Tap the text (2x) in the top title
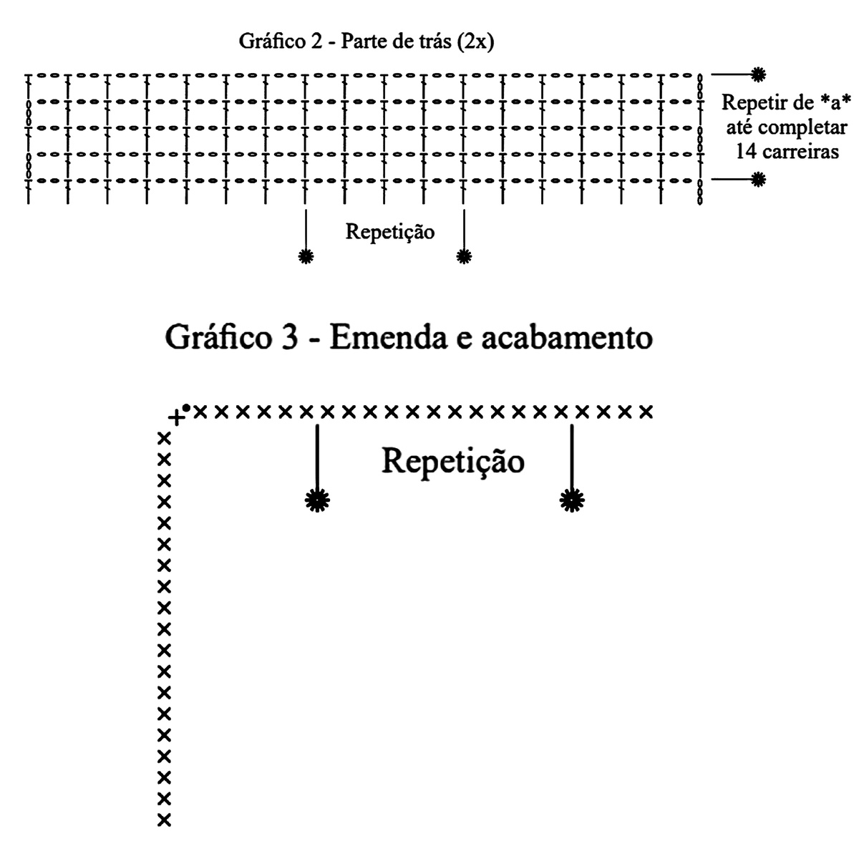click(x=475, y=42)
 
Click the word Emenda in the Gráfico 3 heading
click(x=388, y=337)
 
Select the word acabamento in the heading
click(x=567, y=337)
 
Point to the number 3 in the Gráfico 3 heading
click(x=290, y=337)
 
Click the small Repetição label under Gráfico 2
click(x=390, y=232)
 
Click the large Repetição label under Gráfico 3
click(x=453, y=462)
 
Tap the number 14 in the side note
click(x=746, y=152)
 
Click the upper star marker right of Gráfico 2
click(x=758, y=74)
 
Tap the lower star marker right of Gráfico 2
click(x=758, y=180)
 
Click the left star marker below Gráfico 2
click(x=306, y=256)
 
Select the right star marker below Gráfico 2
click(x=464, y=256)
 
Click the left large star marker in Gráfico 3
click(x=317, y=500)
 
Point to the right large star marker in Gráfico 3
click(x=572, y=500)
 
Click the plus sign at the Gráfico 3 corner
click(x=177, y=418)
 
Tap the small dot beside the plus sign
click(x=186, y=407)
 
